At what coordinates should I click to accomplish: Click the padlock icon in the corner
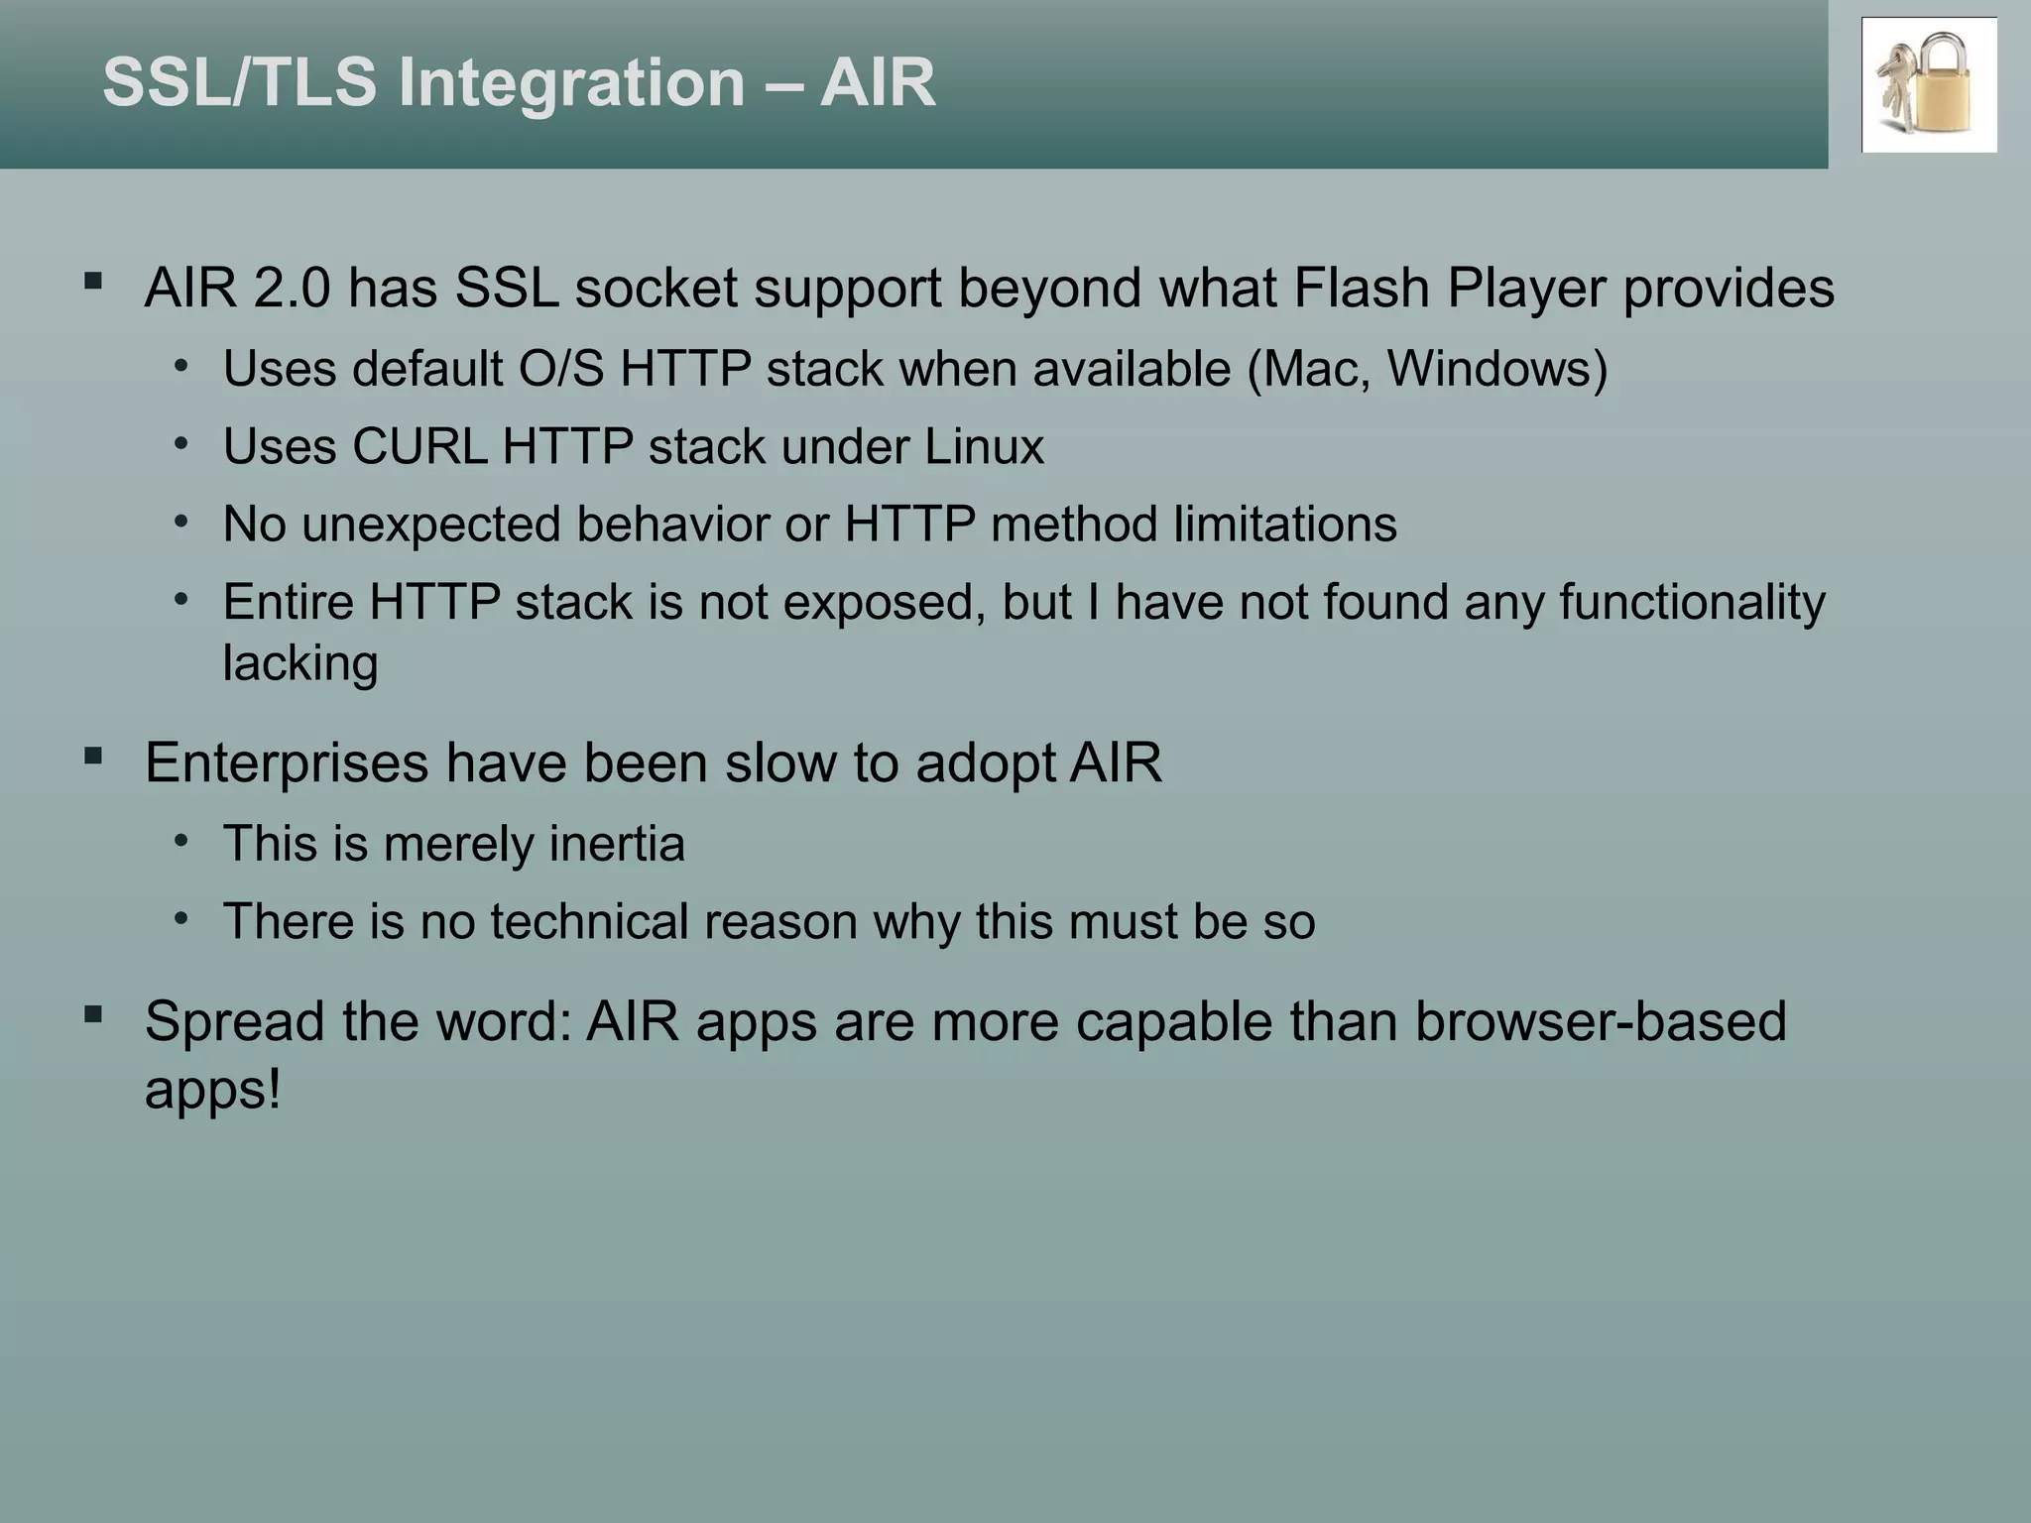coord(1930,86)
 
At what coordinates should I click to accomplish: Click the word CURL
coord(418,446)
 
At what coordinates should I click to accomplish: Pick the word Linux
coord(984,446)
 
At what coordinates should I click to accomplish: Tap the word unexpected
coord(431,525)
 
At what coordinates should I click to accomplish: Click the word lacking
coord(299,663)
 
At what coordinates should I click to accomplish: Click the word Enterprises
coord(287,763)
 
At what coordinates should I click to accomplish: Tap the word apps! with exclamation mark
coord(212,1090)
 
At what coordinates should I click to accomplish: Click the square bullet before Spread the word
coord(94,1014)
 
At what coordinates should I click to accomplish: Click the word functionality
coord(1691,602)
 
